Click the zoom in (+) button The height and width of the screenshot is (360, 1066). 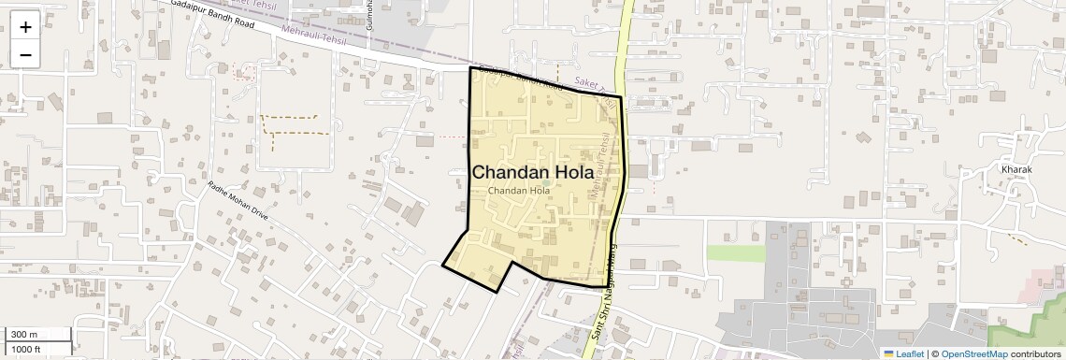[x=25, y=27]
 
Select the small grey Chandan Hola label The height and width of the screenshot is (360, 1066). [x=519, y=191]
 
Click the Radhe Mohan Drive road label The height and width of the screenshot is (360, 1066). [x=238, y=200]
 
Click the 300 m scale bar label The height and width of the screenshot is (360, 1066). [x=23, y=335]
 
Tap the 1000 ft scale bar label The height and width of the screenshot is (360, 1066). [x=26, y=349]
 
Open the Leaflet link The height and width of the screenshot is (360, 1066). [x=909, y=353]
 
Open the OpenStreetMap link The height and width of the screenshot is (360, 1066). [x=973, y=353]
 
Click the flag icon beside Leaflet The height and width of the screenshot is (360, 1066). [x=888, y=353]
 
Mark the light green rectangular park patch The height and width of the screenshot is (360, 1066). [x=735, y=252]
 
